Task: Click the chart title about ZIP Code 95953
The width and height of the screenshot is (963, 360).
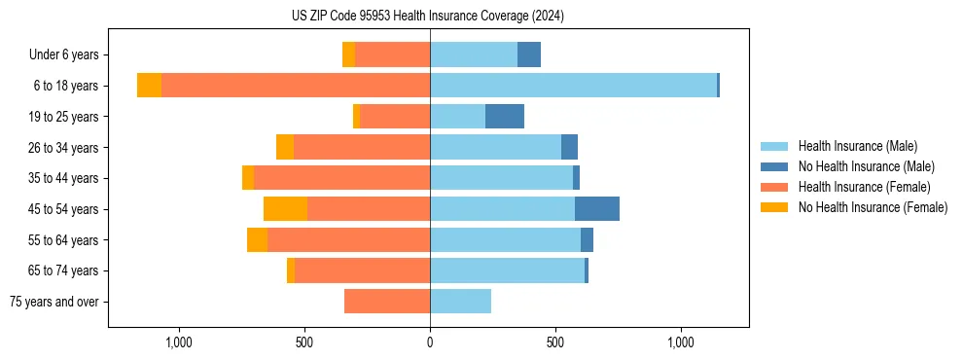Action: pos(428,16)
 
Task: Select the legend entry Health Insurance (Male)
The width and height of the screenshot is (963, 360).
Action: pos(857,146)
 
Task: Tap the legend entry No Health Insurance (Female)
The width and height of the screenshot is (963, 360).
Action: pos(873,207)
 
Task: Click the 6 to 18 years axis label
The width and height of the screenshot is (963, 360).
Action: pos(65,86)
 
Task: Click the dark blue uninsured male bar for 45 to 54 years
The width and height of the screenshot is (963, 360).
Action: pos(597,209)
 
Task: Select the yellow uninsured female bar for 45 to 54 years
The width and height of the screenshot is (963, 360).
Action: pos(285,209)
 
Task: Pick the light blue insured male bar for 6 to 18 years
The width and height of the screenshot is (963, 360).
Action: pos(573,86)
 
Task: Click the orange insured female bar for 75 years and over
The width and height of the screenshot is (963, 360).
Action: pos(387,302)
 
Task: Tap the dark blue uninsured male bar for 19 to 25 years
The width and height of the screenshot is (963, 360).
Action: pos(505,117)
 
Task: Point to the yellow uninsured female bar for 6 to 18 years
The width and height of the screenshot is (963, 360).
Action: pos(149,86)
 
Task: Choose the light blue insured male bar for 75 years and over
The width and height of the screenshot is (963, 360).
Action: pos(460,302)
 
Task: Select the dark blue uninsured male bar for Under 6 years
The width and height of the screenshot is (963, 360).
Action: pos(529,54)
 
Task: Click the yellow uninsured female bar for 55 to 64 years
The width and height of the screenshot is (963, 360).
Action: pos(257,240)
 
